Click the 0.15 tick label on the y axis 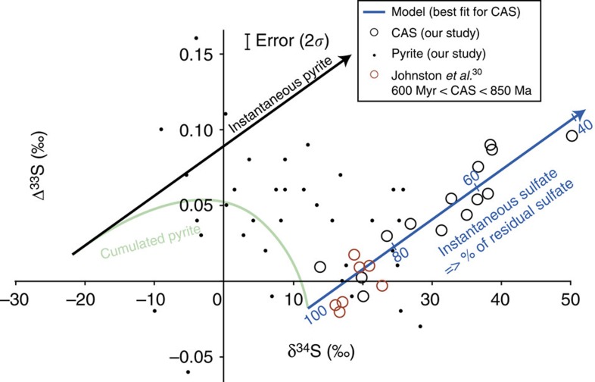coord(195,55)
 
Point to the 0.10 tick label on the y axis coord(195,130)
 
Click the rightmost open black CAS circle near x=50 coord(571,136)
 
